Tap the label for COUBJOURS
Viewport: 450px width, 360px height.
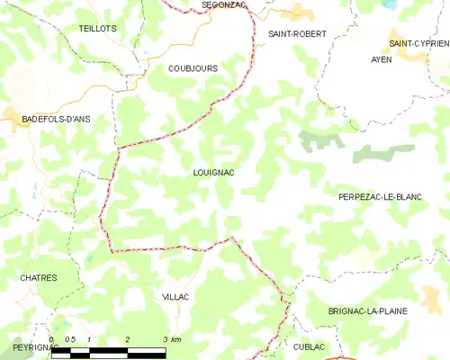[193, 67]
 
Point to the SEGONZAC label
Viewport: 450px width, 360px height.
[224, 4]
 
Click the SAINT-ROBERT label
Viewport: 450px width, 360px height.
[296, 33]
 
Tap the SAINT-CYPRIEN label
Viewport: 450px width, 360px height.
[418, 42]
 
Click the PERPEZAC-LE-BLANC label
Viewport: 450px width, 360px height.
[380, 196]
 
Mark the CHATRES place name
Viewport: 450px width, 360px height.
[39, 278]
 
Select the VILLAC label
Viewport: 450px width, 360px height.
[176, 296]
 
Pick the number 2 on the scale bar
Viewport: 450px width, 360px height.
[128, 339]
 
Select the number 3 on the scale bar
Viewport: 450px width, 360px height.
[165, 339]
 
